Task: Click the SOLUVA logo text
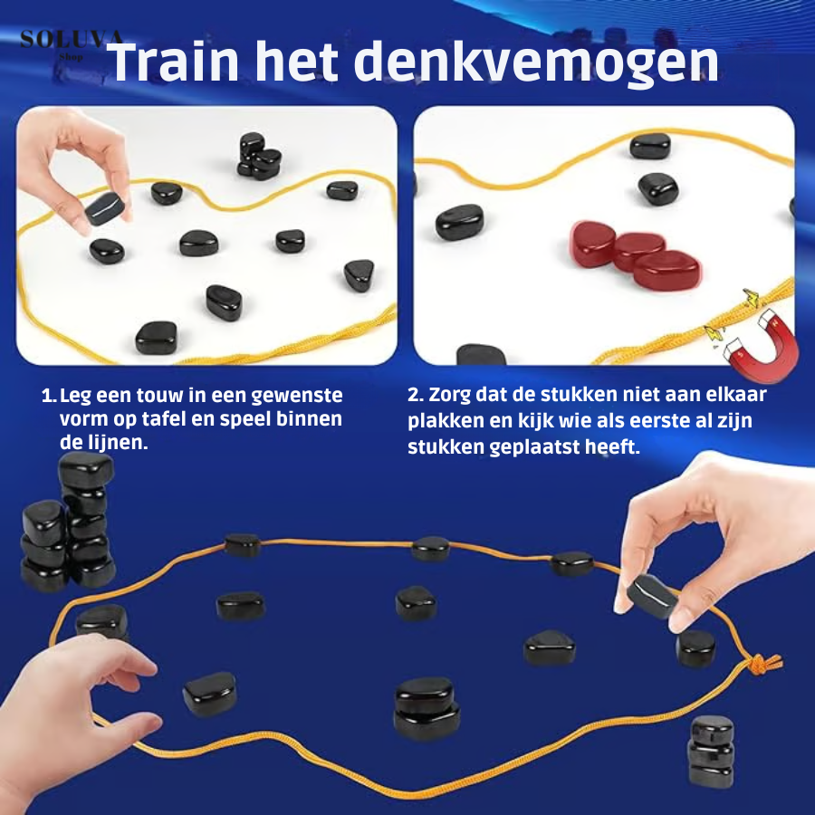pos(72,39)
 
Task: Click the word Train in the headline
pos(173,62)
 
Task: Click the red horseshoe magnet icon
pos(762,344)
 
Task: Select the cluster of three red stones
pos(636,254)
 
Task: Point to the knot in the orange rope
pos(762,664)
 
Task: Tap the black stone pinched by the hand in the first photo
pos(104,208)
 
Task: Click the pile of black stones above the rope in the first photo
pos(259,156)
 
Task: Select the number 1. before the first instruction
pos(48,396)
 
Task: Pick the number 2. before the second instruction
pos(416,395)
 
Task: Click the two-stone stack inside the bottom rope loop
pos(427,708)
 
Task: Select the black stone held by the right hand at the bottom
pos(652,596)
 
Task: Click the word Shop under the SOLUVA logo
pos(72,57)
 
